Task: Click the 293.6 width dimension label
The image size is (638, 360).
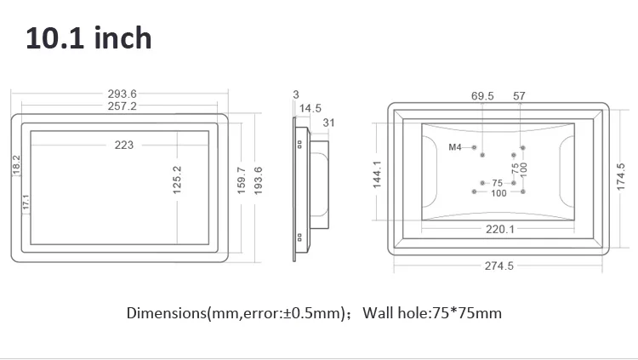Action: click(x=122, y=94)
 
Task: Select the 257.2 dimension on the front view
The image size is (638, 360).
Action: click(x=122, y=106)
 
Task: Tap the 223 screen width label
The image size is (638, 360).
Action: click(x=123, y=145)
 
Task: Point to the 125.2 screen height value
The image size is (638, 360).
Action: click(x=178, y=180)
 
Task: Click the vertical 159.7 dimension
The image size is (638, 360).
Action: click(x=241, y=180)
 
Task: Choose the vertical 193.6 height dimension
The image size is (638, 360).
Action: click(x=258, y=180)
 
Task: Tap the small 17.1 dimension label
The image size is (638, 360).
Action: click(x=26, y=202)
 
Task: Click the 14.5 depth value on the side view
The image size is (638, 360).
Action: click(x=310, y=108)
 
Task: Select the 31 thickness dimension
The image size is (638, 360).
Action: click(x=328, y=123)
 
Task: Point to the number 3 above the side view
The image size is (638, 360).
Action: click(x=295, y=94)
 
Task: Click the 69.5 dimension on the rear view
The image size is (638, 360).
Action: click(x=482, y=96)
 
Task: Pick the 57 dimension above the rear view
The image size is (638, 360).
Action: click(x=519, y=96)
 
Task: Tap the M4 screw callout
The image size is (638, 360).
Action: click(x=455, y=147)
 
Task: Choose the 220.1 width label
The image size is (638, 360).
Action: click(x=499, y=228)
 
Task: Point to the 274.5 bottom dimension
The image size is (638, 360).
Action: click(x=499, y=266)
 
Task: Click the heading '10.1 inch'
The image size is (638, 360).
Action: click(x=89, y=38)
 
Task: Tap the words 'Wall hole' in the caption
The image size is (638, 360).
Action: click(x=389, y=313)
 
